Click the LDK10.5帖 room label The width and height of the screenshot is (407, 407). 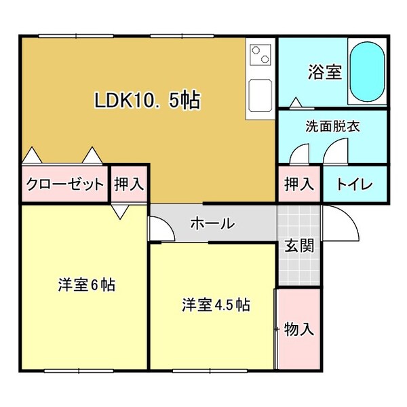(x=147, y=100)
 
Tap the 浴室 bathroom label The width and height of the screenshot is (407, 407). (x=324, y=72)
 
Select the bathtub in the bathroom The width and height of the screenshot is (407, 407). (x=367, y=71)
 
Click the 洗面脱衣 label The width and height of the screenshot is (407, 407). (x=332, y=126)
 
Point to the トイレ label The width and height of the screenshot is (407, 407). (x=354, y=184)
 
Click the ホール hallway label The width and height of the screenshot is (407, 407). (x=212, y=223)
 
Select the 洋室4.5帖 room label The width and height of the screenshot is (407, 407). (x=216, y=305)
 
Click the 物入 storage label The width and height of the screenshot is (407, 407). (x=298, y=330)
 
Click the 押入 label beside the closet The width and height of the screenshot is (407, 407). (x=129, y=184)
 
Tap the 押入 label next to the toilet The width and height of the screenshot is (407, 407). (x=298, y=184)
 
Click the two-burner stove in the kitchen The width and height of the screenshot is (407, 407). (x=260, y=55)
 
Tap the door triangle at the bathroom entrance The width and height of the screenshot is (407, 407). (x=295, y=102)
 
